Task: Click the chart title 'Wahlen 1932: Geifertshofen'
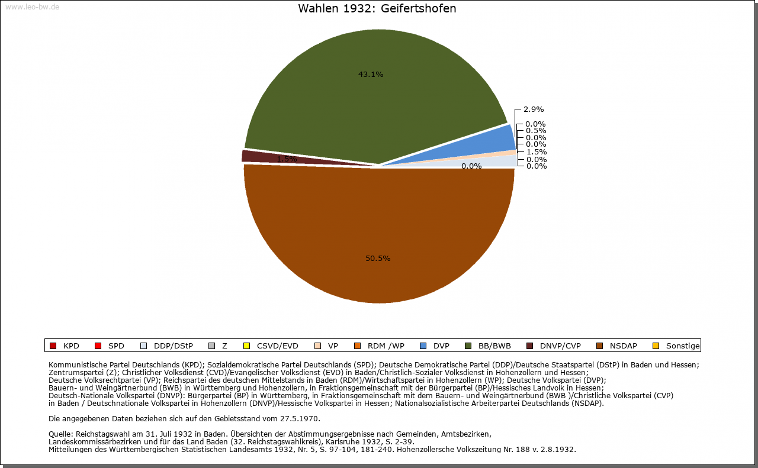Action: (x=377, y=9)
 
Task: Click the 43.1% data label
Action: (x=371, y=75)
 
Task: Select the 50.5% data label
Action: (x=378, y=259)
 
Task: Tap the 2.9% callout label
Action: (x=534, y=109)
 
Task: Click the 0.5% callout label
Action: (x=535, y=131)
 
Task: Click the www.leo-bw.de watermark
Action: (x=32, y=7)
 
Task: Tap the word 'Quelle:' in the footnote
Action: (x=61, y=434)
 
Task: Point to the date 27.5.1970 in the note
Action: (x=300, y=418)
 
